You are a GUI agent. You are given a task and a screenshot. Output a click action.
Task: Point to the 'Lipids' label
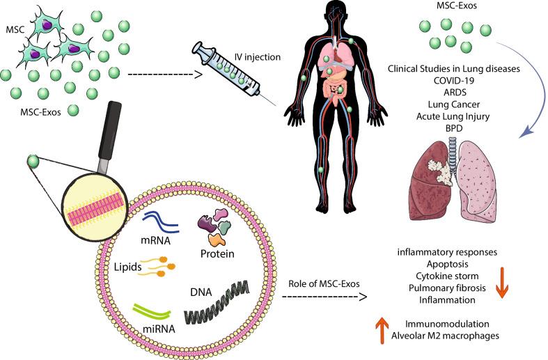(130, 267)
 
